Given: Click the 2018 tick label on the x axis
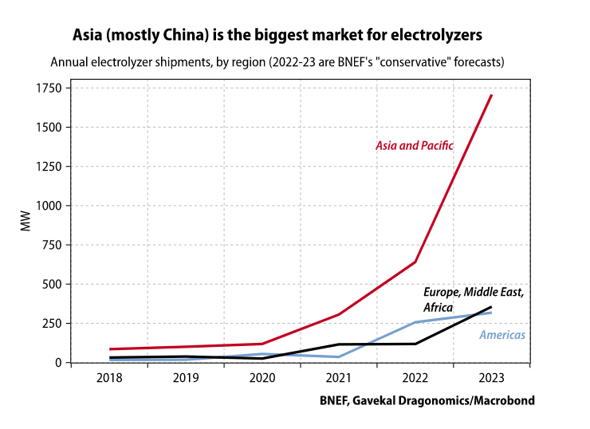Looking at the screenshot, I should click(x=110, y=377).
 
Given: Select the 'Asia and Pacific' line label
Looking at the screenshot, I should click(x=415, y=146).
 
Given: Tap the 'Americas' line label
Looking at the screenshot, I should click(x=502, y=335).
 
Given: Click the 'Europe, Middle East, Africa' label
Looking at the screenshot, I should click(x=473, y=300).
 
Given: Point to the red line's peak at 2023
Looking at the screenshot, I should click(x=491, y=96).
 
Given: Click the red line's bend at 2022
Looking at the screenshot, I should click(x=415, y=262).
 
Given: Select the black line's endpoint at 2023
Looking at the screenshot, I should click(x=491, y=307).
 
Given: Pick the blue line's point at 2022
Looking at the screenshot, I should click(x=415, y=322).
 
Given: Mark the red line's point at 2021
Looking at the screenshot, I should click(x=339, y=314).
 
